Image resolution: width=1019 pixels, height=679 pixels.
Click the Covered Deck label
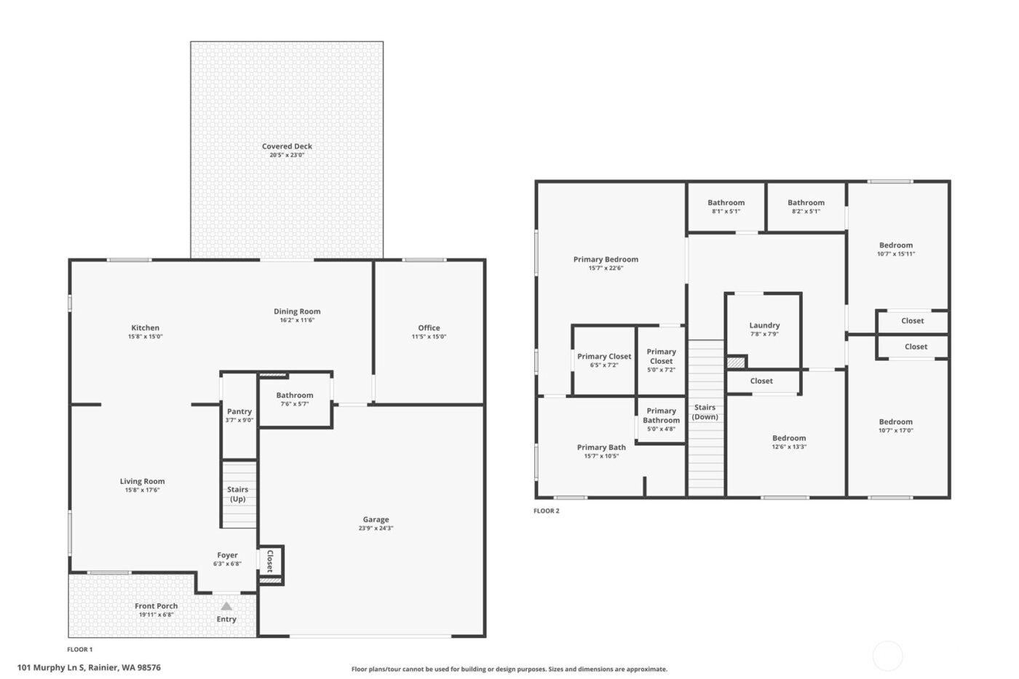point(287,146)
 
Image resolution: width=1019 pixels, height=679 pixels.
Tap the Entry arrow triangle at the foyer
point(226,606)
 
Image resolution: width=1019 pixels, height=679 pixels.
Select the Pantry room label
point(239,411)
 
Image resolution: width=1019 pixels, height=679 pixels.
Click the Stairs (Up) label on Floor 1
point(238,494)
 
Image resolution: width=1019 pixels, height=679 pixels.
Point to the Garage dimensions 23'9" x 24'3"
point(376,528)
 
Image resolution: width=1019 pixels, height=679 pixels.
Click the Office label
point(429,327)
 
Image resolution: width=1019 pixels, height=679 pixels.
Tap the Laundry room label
point(764,325)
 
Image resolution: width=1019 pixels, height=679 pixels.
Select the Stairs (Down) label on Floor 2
point(705,412)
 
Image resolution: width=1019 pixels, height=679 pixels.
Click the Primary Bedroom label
point(606,259)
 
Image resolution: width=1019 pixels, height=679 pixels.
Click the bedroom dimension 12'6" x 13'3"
point(789,447)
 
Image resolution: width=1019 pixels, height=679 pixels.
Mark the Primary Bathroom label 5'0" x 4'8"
point(661,420)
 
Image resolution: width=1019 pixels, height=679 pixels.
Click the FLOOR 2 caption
point(547,511)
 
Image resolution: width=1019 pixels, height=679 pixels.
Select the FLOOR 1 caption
point(80,649)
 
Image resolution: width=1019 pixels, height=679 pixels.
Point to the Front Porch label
point(156,605)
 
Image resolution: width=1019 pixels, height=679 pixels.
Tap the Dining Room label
point(297,311)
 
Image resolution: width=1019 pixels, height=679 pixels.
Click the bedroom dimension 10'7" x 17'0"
point(895,430)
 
